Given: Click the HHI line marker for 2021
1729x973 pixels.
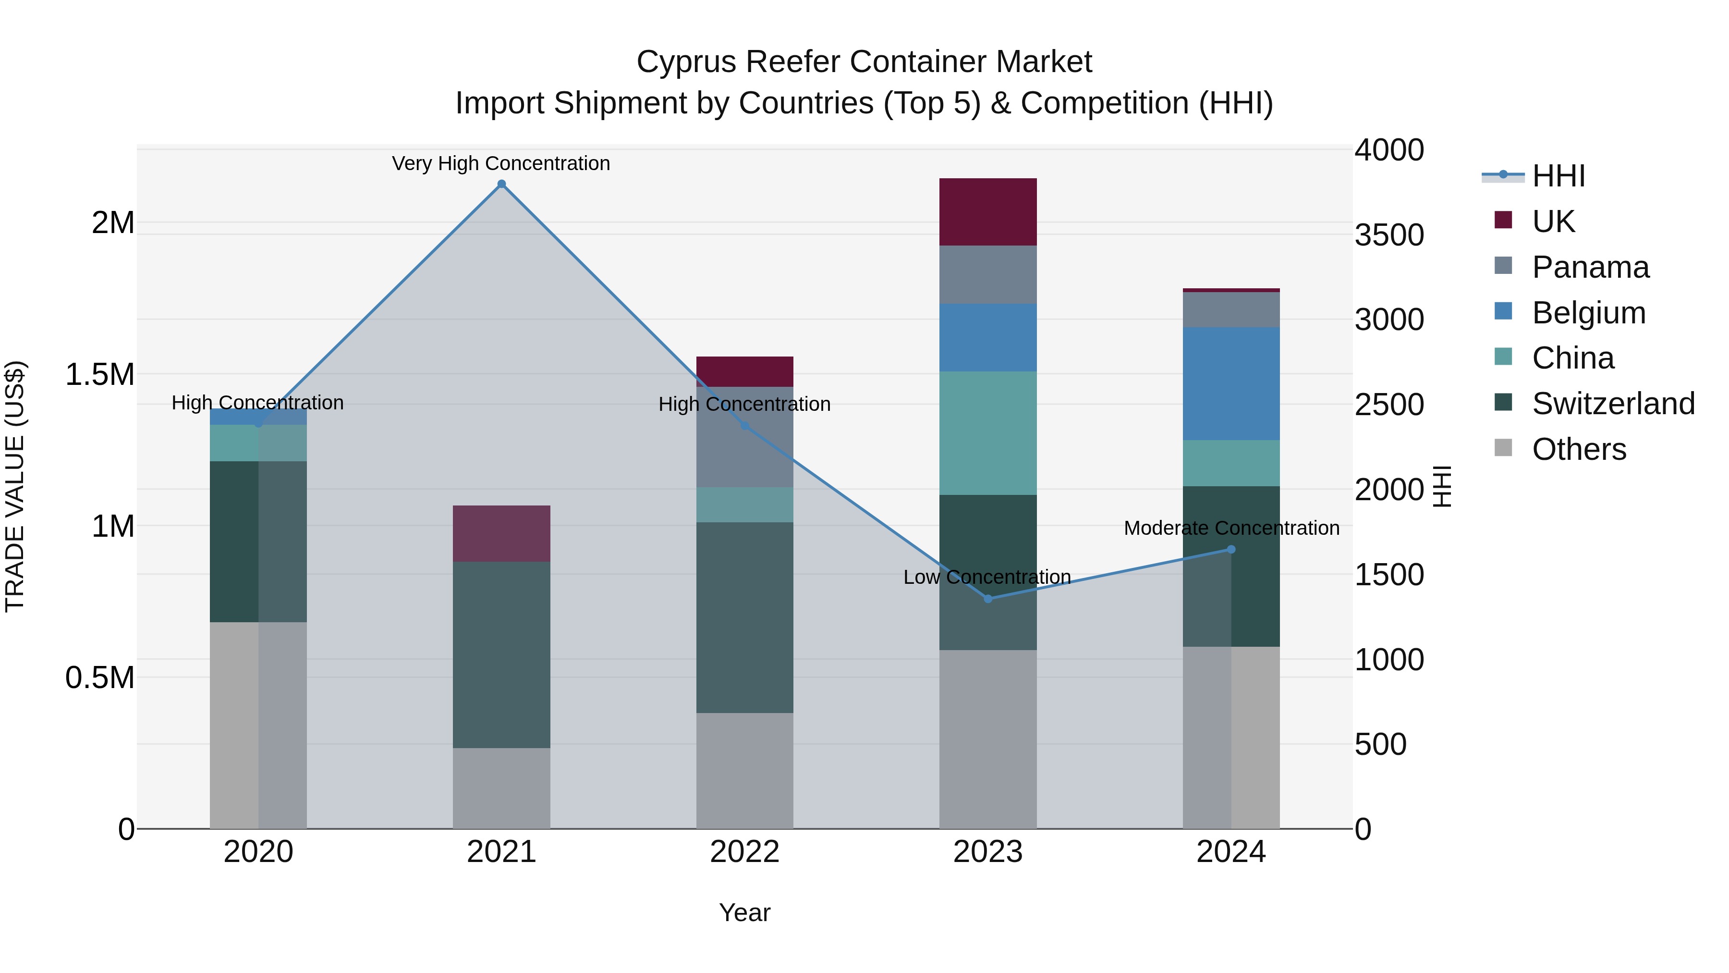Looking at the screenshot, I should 501,184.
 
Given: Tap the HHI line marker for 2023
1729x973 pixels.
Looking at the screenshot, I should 988,598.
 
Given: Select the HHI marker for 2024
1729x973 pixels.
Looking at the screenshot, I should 1231,549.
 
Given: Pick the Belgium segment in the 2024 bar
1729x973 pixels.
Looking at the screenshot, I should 1231,383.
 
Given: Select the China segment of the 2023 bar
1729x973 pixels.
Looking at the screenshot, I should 988,433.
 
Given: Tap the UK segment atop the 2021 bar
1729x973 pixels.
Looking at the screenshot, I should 501,533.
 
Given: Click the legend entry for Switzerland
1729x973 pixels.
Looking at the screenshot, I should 1612,404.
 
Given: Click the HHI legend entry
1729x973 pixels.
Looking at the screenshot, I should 1557,176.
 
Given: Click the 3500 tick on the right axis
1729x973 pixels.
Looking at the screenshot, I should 1388,235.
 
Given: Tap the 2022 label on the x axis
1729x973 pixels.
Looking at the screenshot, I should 744,852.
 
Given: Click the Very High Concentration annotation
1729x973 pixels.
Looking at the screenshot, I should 501,163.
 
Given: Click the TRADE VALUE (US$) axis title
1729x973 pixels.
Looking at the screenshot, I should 15,486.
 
